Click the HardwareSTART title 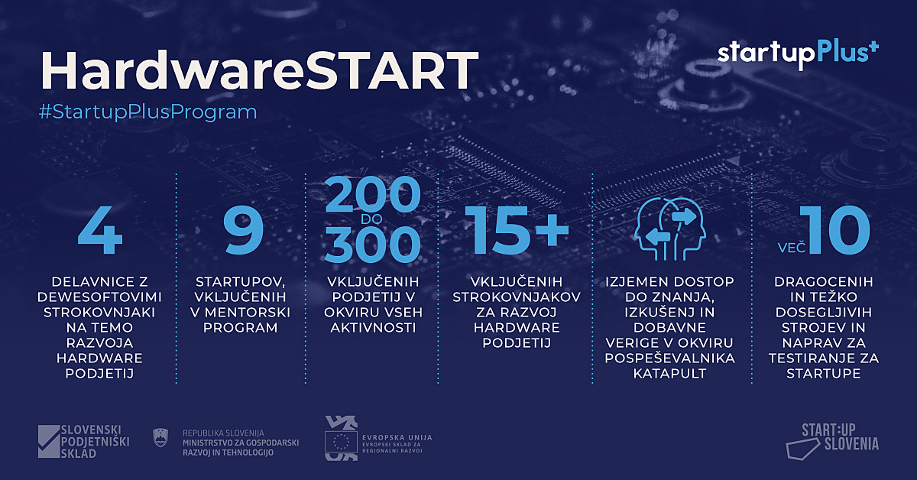[260, 70]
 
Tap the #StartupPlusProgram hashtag [147, 112]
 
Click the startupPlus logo [799, 55]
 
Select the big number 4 [100, 230]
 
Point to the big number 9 [243, 229]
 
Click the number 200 [373, 195]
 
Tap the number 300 [373, 245]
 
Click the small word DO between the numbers [371, 219]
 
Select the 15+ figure [517, 230]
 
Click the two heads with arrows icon [669, 229]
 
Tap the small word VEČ [792, 248]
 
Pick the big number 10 [835, 230]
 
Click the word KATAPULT [669, 374]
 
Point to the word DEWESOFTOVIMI [99, 297]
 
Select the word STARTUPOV [240, 282]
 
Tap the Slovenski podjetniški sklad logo [83, 442]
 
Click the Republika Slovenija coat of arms [160, 438]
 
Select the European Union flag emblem [341, 442]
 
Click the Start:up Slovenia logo [832, 442]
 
